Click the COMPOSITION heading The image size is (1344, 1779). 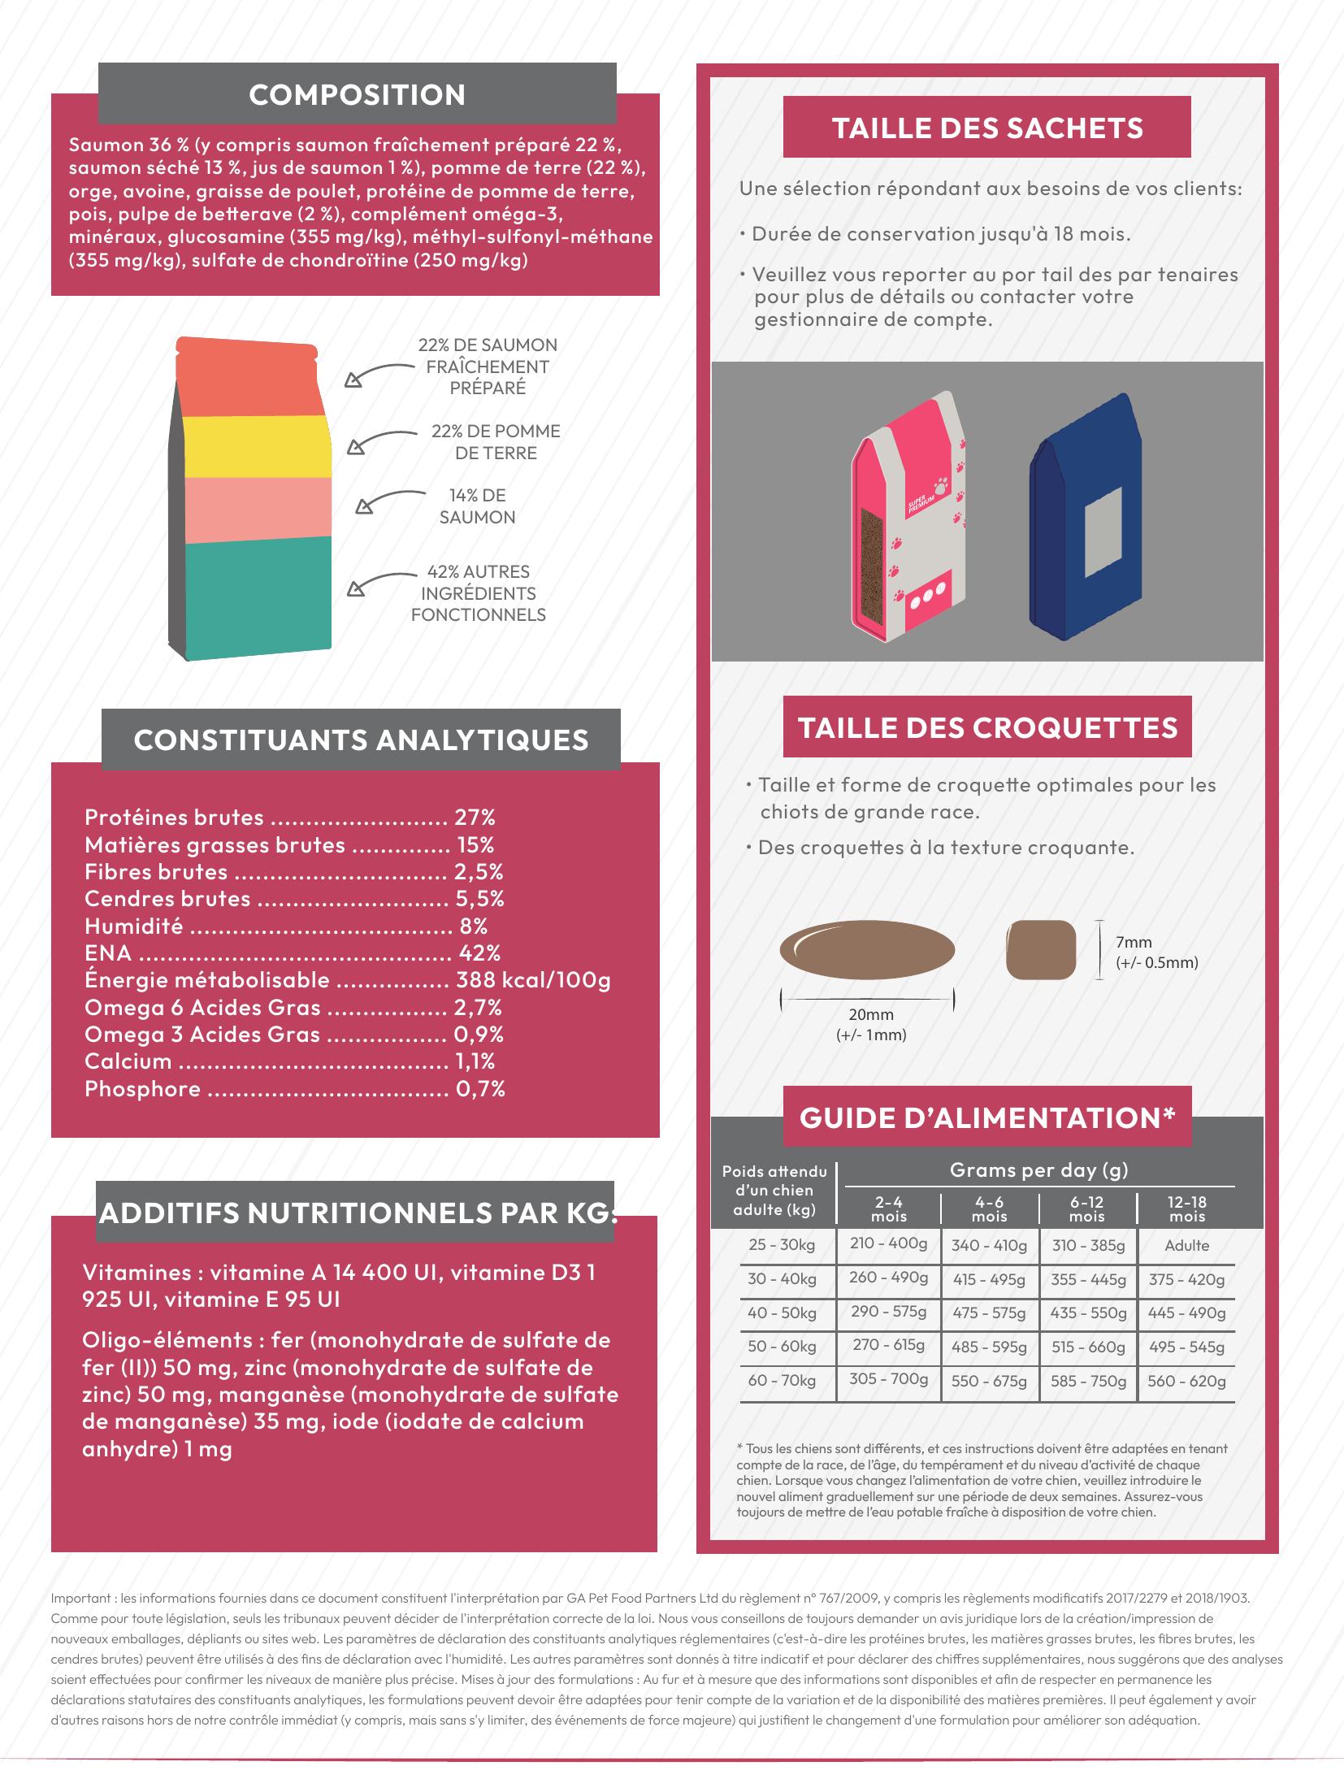[x=357, y=95]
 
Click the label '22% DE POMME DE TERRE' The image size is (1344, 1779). [x=495, y=442]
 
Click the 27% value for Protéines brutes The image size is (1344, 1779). [x=475, y=818]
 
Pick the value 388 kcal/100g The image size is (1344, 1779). [x=533, y=980]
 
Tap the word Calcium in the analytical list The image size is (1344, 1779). [x=128, y=1061]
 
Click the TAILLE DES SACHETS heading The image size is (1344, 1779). [x=986, y=128]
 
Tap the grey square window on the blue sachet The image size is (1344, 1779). [x=1103, y=529]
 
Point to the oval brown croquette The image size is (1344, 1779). [x=867, y=950]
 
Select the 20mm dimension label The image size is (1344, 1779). [x=870, y=1015]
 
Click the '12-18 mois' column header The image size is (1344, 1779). [x=1186, y=1208]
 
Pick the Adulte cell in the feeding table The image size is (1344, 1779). [x=1186, y=1246]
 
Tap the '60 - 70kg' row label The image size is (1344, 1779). [x=782, y=1381]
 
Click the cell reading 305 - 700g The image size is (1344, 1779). [x=888, y=1379]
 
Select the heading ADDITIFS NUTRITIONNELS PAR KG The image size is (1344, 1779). [x=355, y=1213]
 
